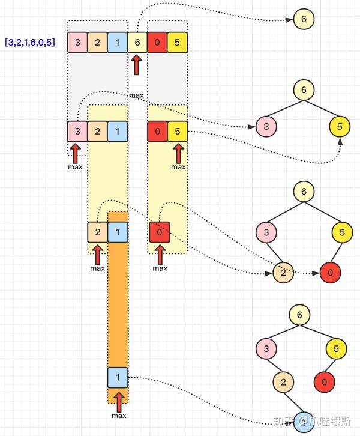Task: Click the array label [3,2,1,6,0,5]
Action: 34,43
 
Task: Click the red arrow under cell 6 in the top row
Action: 137,65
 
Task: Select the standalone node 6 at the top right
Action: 304,20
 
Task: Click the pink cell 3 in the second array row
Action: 77,131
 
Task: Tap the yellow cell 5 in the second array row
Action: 178,131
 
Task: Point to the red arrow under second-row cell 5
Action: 178,153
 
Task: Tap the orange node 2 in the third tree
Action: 283,273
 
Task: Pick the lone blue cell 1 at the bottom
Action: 118,377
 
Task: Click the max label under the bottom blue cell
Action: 119,416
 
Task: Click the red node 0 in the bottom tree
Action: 324,381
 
